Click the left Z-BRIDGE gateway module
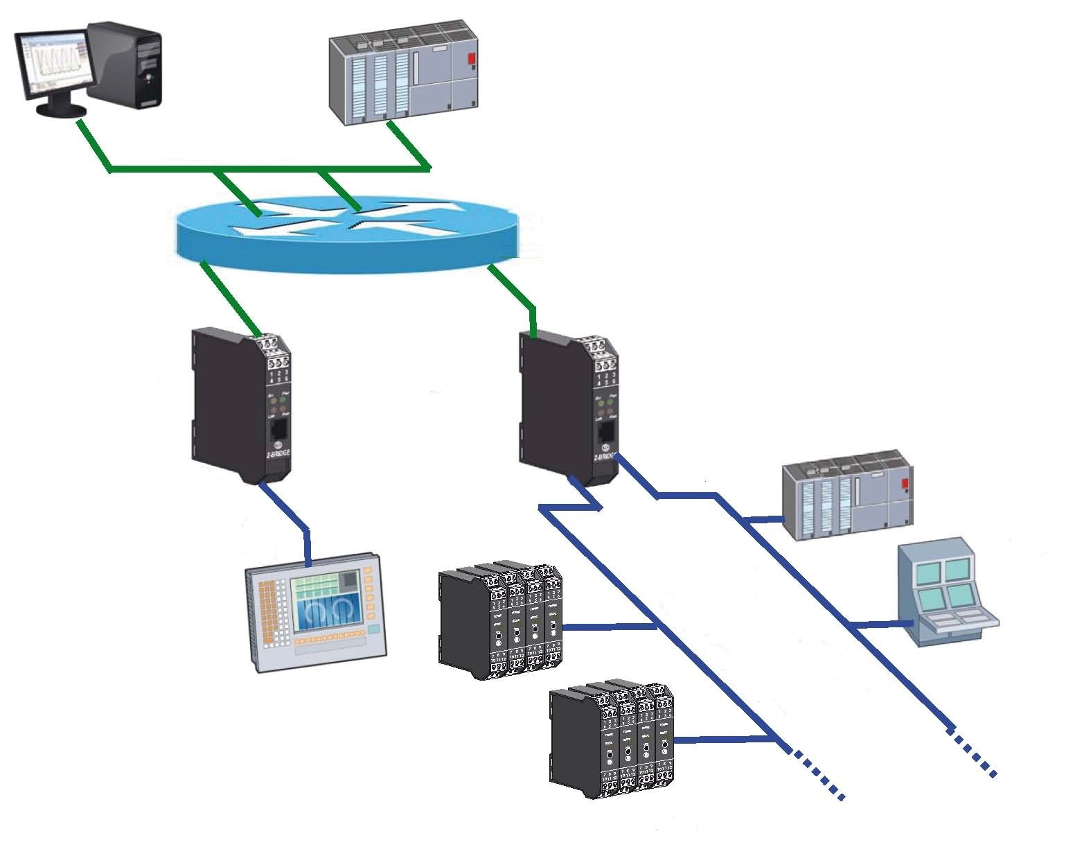click(240, 405)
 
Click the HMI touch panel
click(315, 610)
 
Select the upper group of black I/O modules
click(499, 620)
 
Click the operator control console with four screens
click(946, 593)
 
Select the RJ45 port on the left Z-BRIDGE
click(278, 428)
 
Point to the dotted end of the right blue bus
click(973, 751)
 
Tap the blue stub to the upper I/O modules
click(610, 627)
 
